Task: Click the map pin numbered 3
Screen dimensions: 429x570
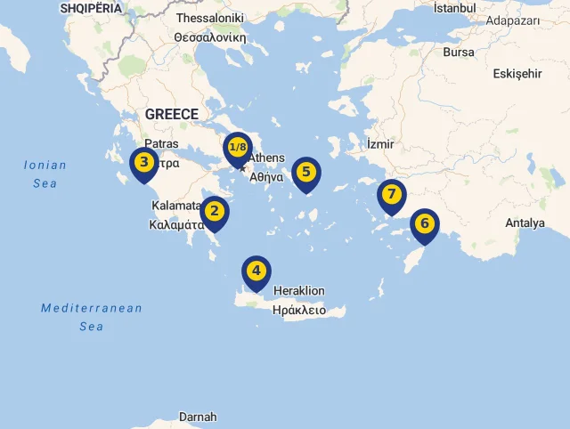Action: [x=143, y=164]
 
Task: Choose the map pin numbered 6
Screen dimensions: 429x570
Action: [x=424, y=223]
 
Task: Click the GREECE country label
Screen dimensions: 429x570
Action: [x=172, y=114]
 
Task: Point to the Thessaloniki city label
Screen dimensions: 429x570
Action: [x=210, y=18]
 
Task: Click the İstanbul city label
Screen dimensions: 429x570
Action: [x=454, y=8]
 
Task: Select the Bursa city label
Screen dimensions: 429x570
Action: [x=459, y=52]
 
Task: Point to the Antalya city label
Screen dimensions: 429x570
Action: [x=525, y=223]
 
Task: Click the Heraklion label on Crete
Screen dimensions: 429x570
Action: [x=299, y=291]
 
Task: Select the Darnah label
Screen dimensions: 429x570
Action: [x=198, y=417]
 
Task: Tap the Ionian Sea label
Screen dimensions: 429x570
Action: [x=45, y=174]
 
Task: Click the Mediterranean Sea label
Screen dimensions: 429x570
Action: [x=92, y=317]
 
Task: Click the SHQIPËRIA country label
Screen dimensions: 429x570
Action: [x=90, y=7]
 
